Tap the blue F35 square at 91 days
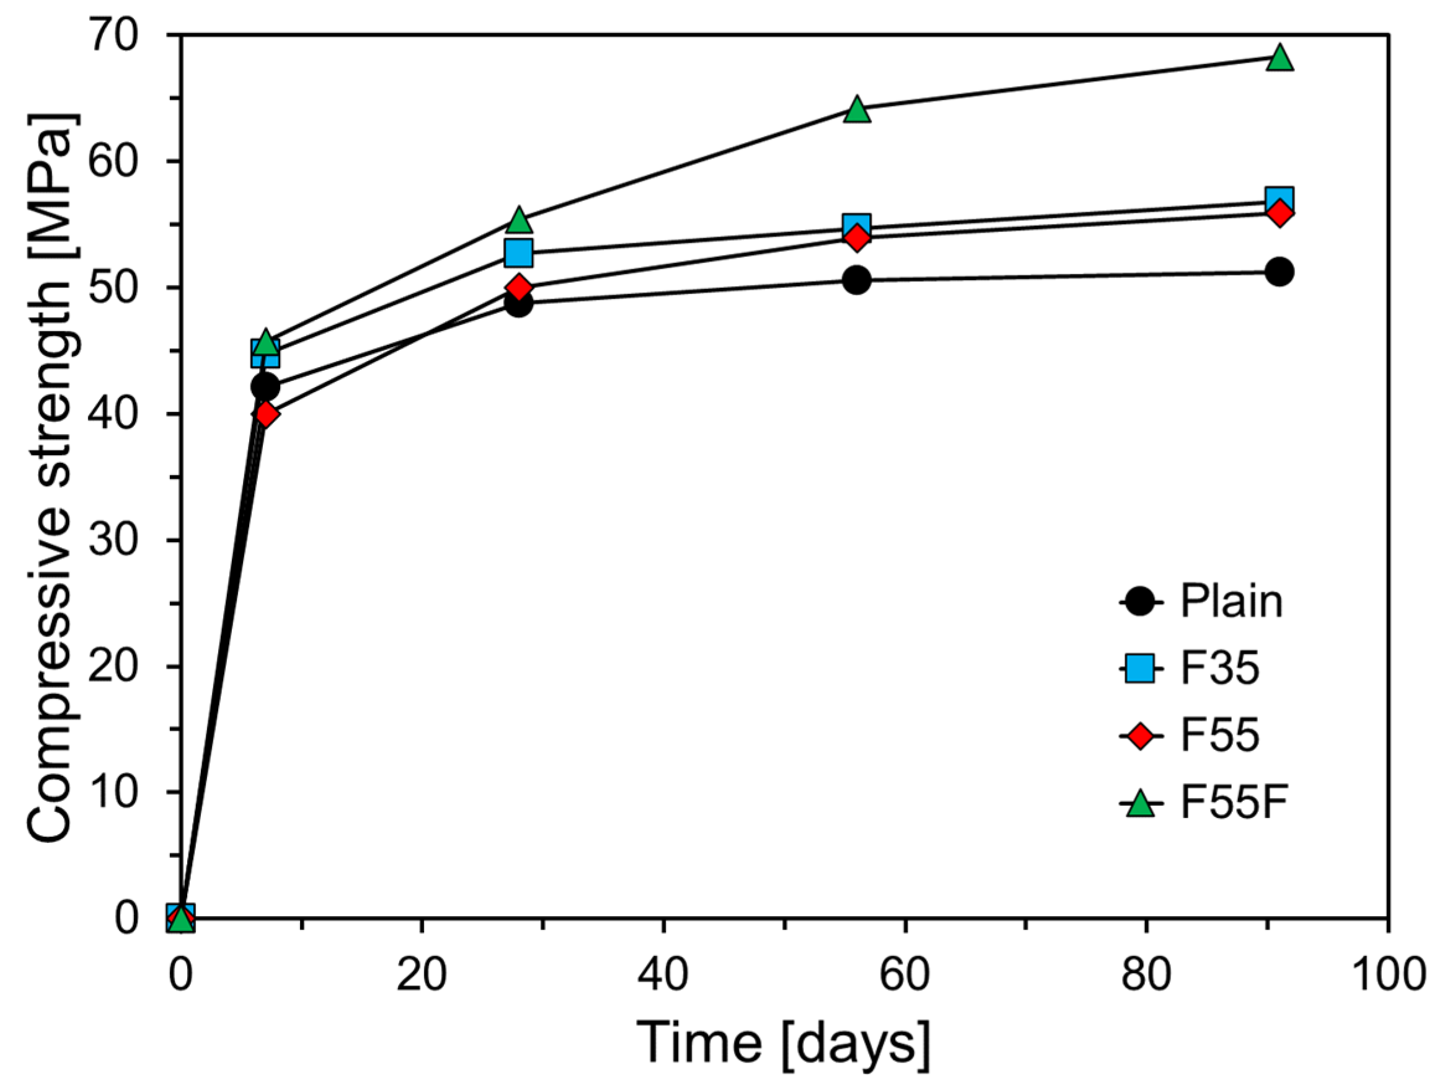tap(1279, 199)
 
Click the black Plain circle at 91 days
tap(1279, 272)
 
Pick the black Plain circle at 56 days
tap(857, 280)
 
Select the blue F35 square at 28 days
tap(518, 253)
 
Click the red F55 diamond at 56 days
tap(857, 238)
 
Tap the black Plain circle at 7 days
tap(265, 386)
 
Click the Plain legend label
tap(1231, 602)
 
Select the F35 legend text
tap(1219, 669)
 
